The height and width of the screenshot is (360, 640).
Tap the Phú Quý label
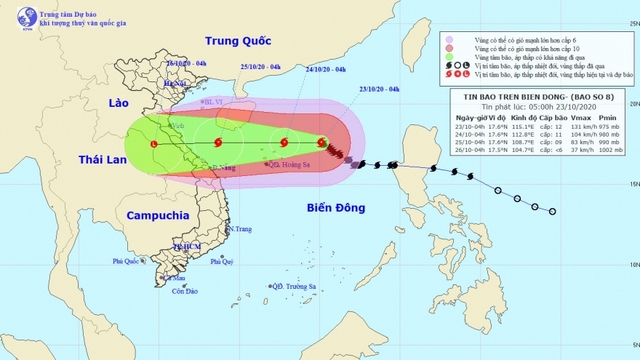221,261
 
